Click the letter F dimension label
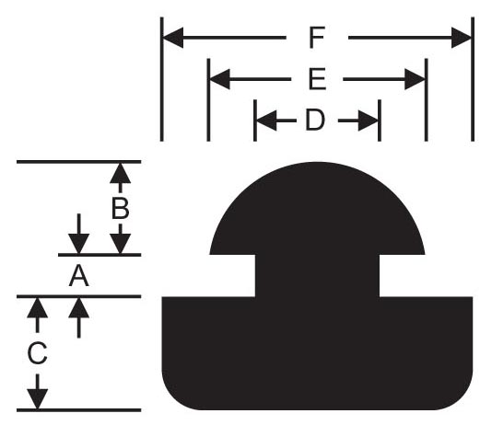click(317, 38)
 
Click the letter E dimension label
click(317, 79)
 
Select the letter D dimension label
click(315, 121)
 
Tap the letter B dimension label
click(120, 209)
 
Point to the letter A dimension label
click(78, 276)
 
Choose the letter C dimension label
click(38, 353)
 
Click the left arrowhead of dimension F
click(173, 38)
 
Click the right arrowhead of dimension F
click(462, 38)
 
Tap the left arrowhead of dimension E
click(219, 79)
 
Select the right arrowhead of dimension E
click(415, 79)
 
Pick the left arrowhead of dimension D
click(266, 121)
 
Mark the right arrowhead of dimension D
click(369, 121)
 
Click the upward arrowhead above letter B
click(120, 173)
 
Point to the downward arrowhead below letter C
click(38, 398)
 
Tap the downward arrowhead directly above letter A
click(78, 244)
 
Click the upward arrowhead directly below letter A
click(78, 307)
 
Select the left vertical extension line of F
click(161, 79)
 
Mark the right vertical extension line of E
click(426, 100)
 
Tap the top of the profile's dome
click(317, 163)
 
